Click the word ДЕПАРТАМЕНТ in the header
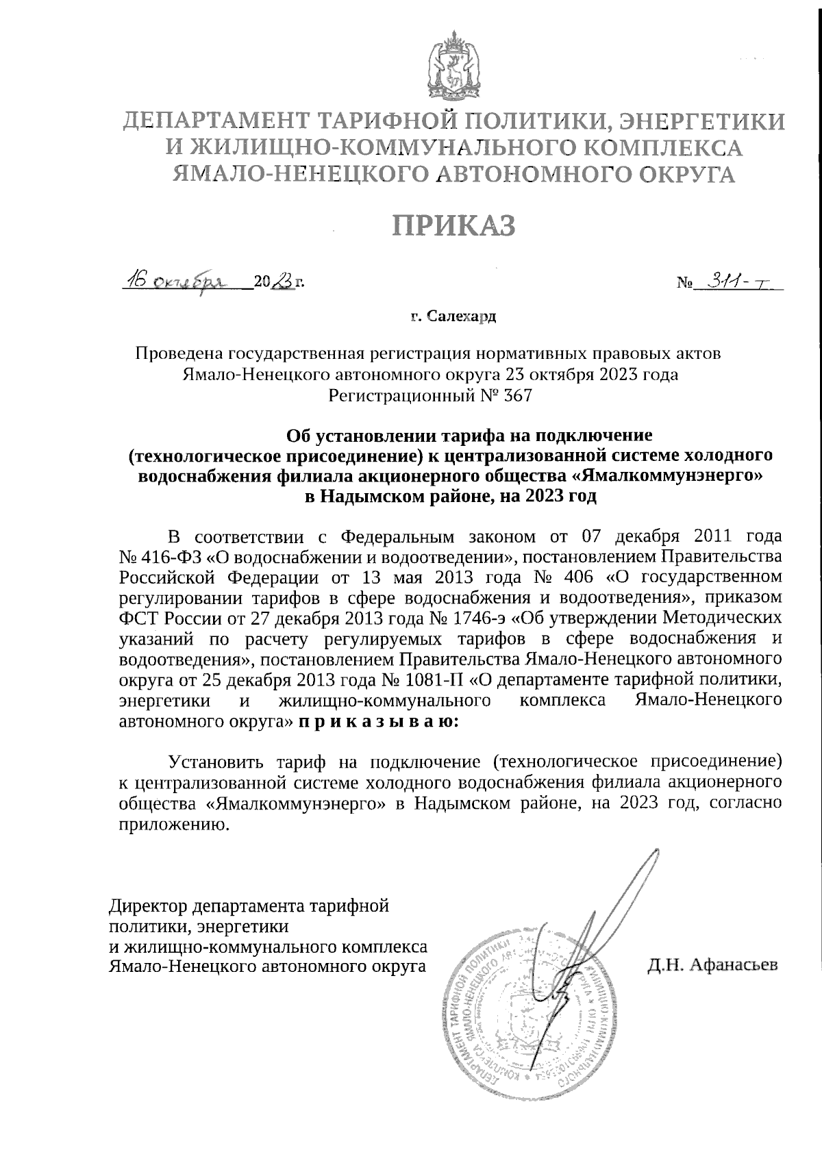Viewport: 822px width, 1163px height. (x=212, y=123)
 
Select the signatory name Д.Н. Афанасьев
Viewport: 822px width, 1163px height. (x=712, y=966)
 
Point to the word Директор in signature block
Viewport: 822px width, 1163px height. (x=148, y=906)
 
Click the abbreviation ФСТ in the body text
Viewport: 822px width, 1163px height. (x=135, y=618)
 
